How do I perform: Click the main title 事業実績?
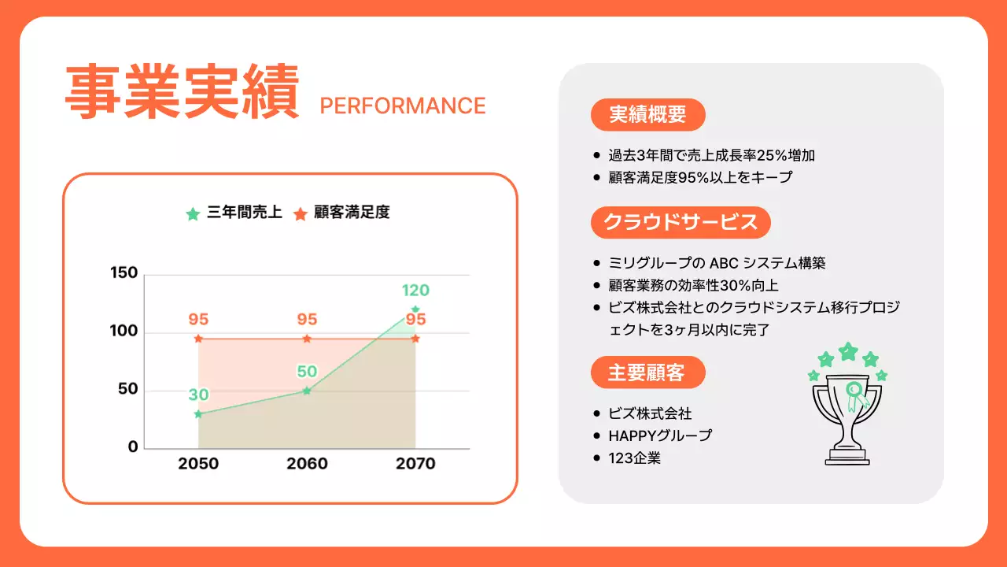[x=182, y=93]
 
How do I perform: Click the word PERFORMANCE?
[x=403, y=106]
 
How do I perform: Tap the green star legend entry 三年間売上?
[x=234, y=213]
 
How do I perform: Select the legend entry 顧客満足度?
[x=342, y=213]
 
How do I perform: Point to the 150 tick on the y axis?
[x=124, y=273]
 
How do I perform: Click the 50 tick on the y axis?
[x=128, y=389]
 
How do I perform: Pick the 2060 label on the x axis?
[x=307, y=464]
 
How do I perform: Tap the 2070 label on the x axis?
[x=415, y=464]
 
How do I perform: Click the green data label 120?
[x=415, y=290]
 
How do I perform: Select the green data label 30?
[x=198, y=395]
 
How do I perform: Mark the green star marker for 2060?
[x=307, y=391]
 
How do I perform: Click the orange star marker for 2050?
[x=198, y=339]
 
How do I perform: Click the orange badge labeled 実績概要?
[x=647, y=115]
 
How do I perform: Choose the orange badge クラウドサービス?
[x=681, y=222]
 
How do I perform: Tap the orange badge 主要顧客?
[x=647, y=372]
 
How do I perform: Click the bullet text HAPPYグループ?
[x=660, y=435]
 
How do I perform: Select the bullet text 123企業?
[x=634, y=458]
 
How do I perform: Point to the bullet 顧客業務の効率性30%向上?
[x=694, y=285]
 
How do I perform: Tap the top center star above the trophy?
[x=848, y=351]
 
